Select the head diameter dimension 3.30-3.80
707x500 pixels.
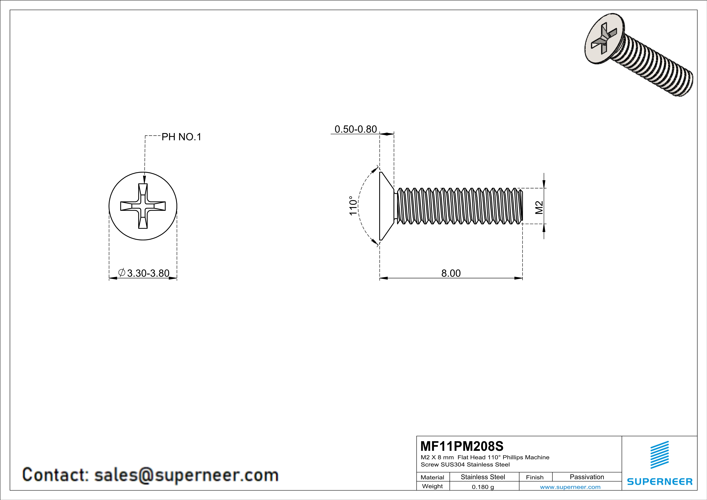pos(148,273)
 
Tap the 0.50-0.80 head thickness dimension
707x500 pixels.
pos(356,129)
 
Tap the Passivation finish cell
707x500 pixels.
pos(587,477)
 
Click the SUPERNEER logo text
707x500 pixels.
pos(660,481)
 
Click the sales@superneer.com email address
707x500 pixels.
pos(186,475)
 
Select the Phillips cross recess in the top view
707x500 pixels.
pos(143,206)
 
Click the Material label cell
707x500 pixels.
pos(432,477)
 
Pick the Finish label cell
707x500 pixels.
pos(535,477)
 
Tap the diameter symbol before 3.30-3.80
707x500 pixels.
pos(122,272)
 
